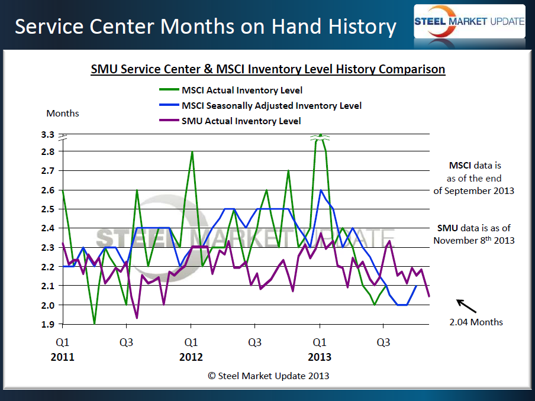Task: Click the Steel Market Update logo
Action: (469, 22)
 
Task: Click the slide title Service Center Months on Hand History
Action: (205, 26)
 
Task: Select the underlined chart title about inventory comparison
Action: (267, 69)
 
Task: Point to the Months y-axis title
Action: (63, 113)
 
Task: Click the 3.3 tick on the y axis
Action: (49, 135)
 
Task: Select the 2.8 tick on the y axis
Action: (49, 151)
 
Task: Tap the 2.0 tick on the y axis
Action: (49, 305)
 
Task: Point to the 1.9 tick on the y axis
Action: (49, 325)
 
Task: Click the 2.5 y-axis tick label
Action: (49, 209)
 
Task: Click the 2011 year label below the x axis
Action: (62, 357)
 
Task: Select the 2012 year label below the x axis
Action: (191, 357)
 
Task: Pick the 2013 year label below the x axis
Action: (320, 357)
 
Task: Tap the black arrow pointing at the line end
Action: (466, 306)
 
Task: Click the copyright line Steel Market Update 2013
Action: (267, 376)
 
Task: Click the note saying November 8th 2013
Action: (473, 240)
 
